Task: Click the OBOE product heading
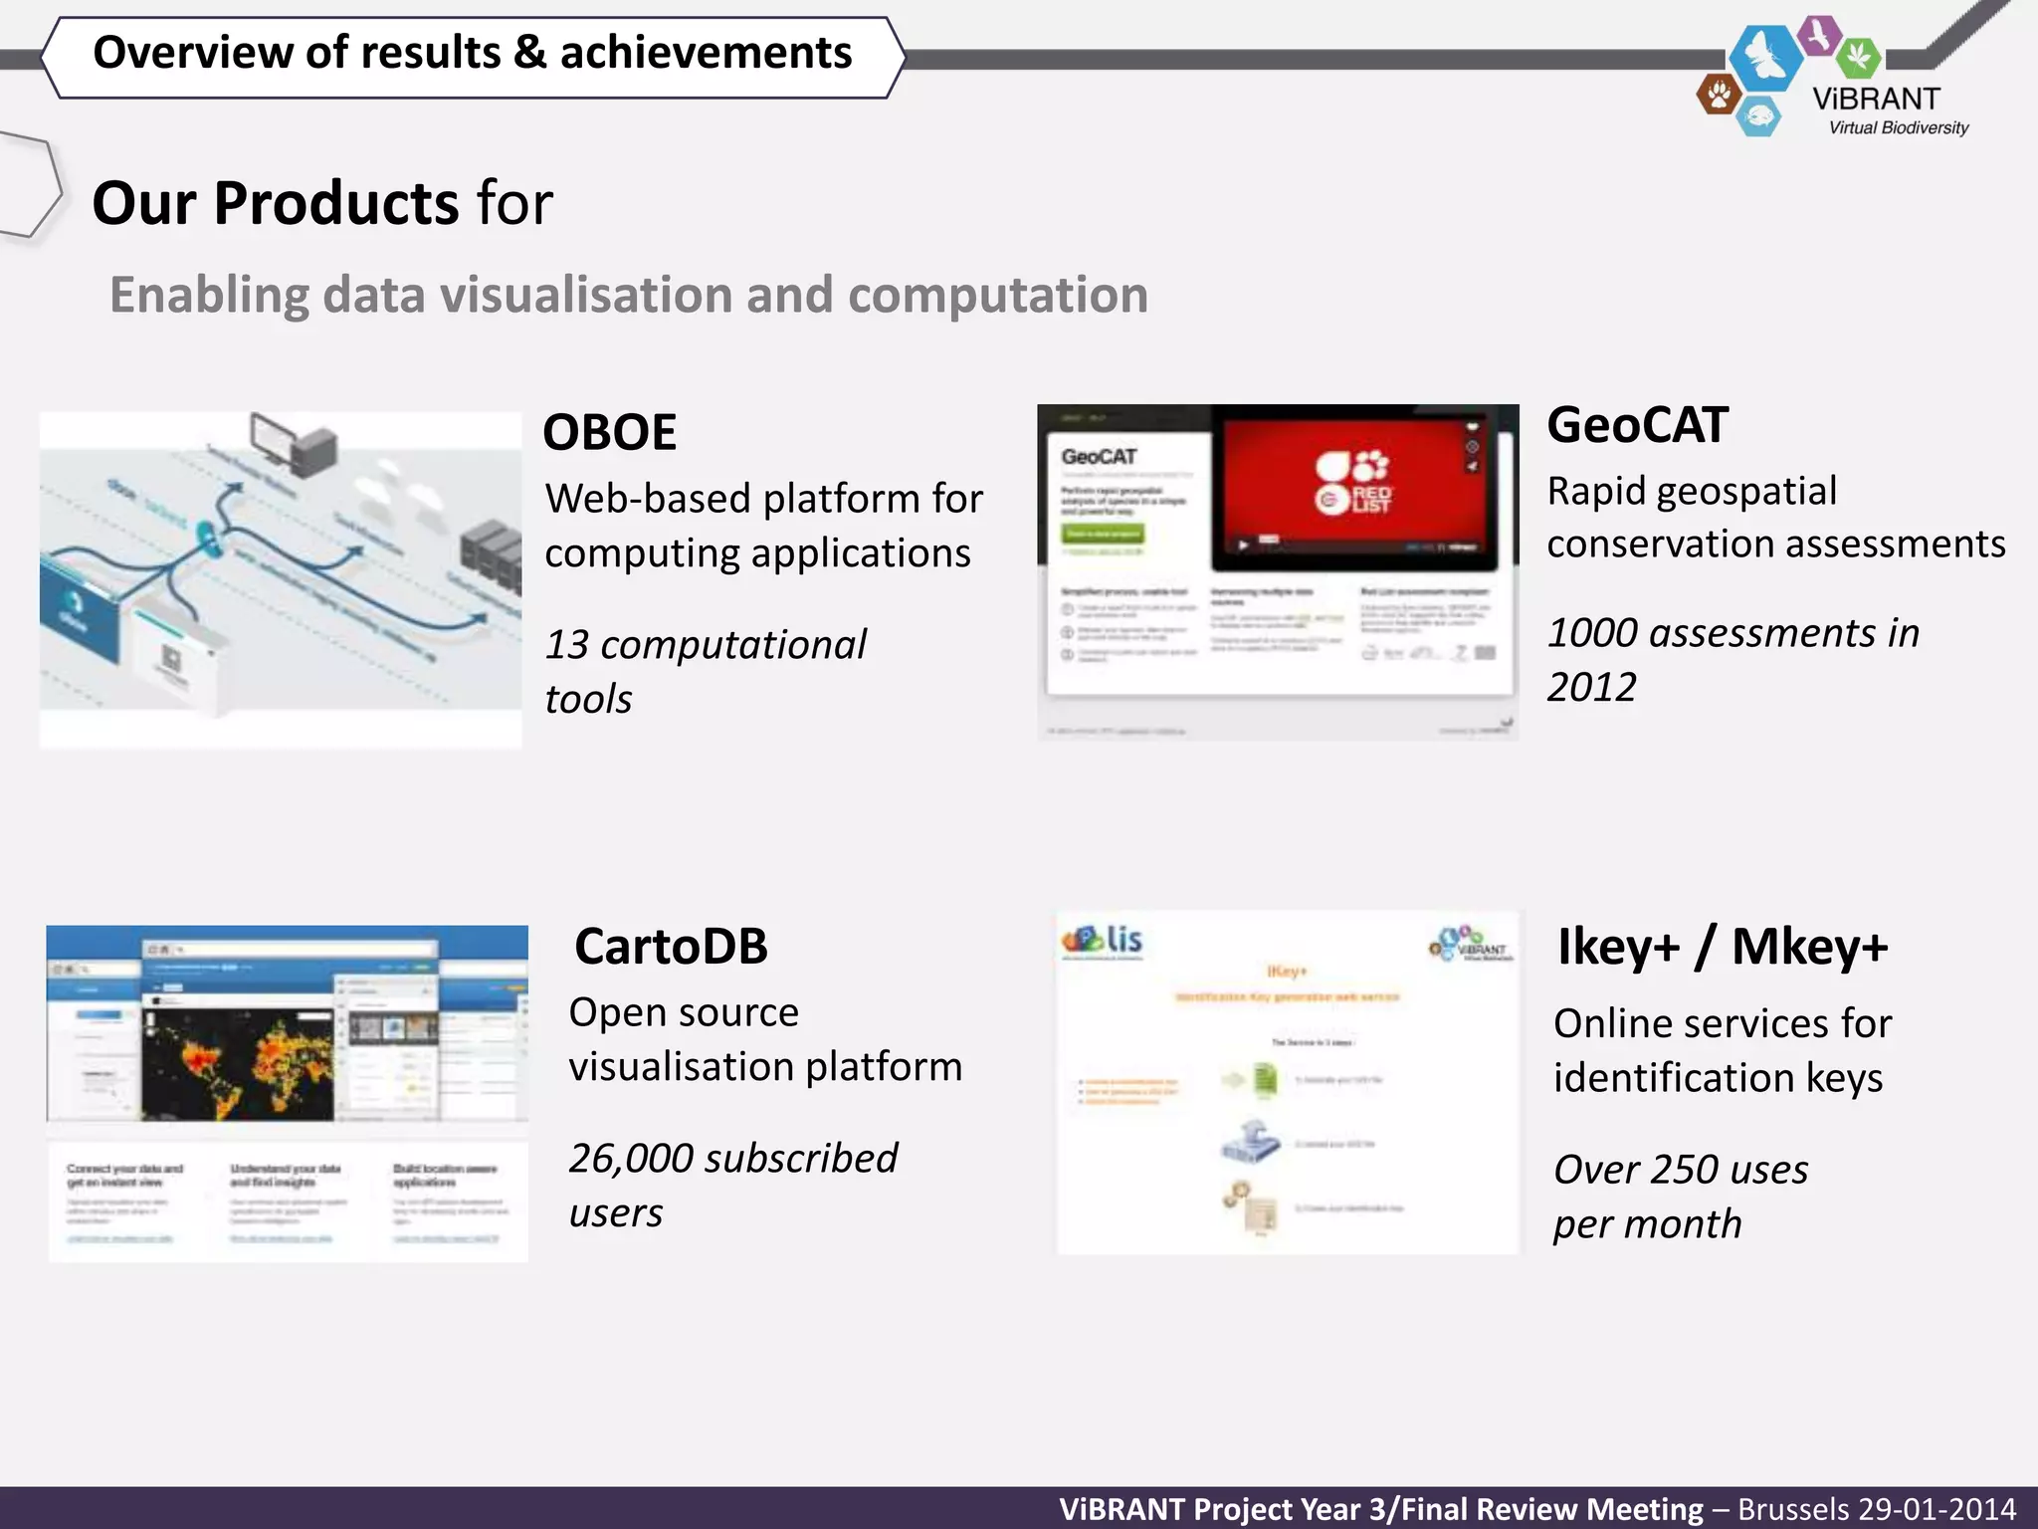coord(609,433)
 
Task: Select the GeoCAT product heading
coord(1637,426)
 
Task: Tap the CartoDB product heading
coord(671,947)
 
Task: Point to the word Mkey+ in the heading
coord(1809,947)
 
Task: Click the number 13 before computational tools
coord(567,645)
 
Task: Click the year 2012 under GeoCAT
coord(1591,687)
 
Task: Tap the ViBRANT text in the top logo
coord(1876,100)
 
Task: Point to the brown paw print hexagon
coord(1718,96)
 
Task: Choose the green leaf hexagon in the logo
coord(1857,57)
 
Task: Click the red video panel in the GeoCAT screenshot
coord(1353,488)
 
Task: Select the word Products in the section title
coord(335,204)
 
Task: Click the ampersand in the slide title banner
coord(529,53)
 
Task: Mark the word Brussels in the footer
coord(1793,1509)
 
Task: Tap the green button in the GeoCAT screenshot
coord(1103,535)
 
